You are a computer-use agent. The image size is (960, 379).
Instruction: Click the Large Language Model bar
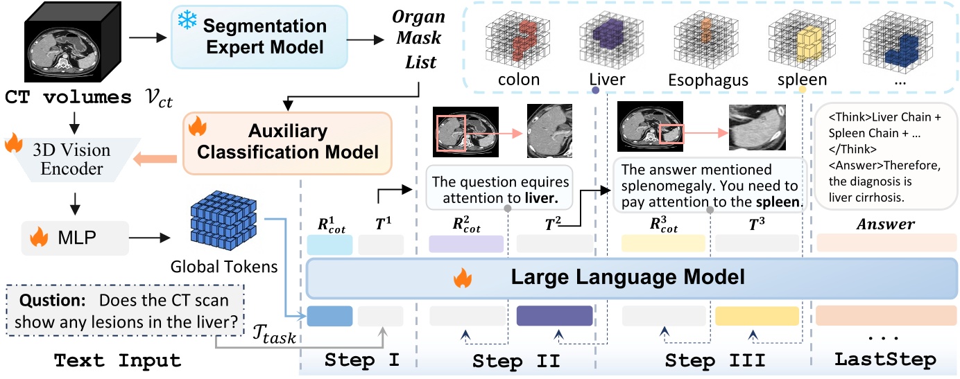(x=627, y=278)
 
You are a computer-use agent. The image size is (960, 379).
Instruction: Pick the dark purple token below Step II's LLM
(x=554, y=315)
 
